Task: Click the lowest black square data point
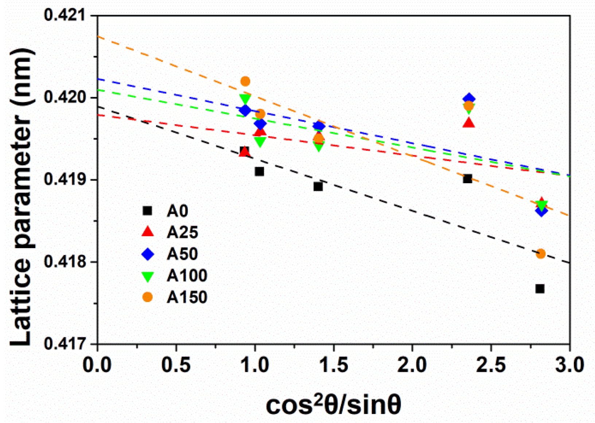pyautogui.click(x=540, y=289)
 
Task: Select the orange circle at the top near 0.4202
pyautogui.click(x=245, y=81)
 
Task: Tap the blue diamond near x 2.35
pyautogui.click(x=469, y=99)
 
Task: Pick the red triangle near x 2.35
pyautogui.click(x=468, y=123)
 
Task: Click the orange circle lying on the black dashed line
pyautogui.click(x=541, y=254)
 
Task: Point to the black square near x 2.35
pyautogui.click(x=467, y=179)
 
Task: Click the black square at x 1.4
pyautogui.click(x=318, y=187)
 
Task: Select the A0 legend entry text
pyautogui.click(x=178, y=211)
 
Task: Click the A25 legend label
pyautogui.click(x=182, y=232)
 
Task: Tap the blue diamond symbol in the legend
pyautogui.click(x=148, y=254)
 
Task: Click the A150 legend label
pyautogui.click(x=187, y=297)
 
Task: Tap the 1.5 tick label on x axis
pyautogui.click(x=333, y=364)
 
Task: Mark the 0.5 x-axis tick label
pyautogui.click(x=176, y=364)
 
